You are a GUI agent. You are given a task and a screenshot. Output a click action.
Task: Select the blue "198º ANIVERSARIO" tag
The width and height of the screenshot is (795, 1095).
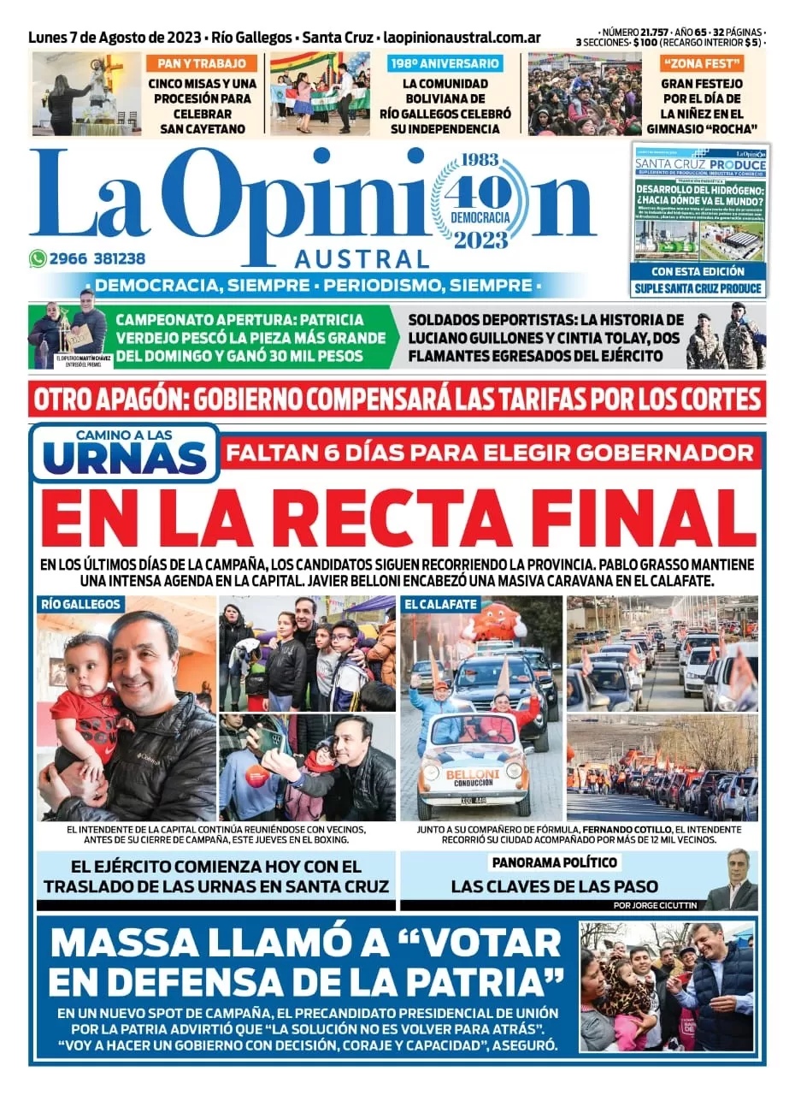point(445,63)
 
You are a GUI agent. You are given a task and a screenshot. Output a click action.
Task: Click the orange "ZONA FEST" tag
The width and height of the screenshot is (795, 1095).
point(702,63)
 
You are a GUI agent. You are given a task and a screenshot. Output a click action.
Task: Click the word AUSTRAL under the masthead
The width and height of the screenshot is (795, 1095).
point(362,258)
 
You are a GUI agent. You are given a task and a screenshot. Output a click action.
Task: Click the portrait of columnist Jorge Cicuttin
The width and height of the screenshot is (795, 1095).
point(733,881)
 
